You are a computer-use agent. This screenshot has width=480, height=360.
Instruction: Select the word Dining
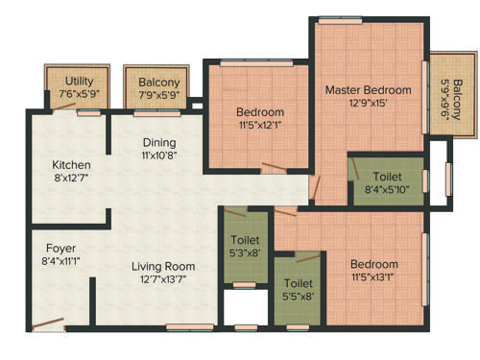[x=159, y=142]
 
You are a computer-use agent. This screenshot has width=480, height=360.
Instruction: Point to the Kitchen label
[x=71, y=164]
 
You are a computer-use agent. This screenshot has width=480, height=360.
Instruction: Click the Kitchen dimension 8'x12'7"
[x=71, y=178]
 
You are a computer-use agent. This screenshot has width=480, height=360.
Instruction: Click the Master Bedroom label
[x=368, y=90]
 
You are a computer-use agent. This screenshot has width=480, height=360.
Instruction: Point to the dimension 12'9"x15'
[x=368, y=104]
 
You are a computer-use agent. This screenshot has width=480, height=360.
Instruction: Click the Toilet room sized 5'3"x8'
[x=244, y=240]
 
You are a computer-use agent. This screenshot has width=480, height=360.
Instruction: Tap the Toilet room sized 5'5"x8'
[x=293, y=284]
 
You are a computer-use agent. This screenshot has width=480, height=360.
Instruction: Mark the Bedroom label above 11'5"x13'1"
[x=373, y=264]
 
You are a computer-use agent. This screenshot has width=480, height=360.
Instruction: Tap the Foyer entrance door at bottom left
[x=46, y=324]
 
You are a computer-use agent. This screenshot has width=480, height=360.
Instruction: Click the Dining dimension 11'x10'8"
[x=159, y=155]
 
